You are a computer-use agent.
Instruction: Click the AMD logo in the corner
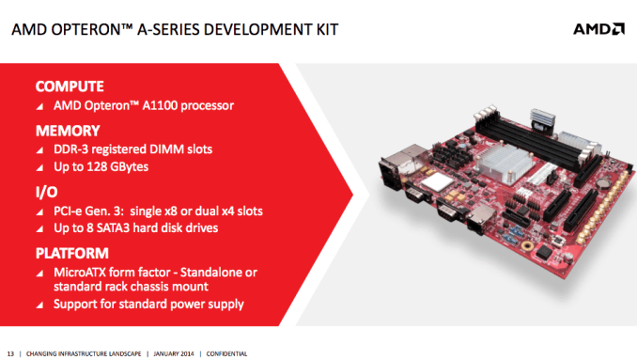[x=598, y=30]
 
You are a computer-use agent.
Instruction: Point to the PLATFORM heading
[x=73, y=253]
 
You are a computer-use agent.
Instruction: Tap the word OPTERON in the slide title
[x=82, y=31]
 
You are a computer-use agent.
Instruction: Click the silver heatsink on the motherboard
[x=497, y=168]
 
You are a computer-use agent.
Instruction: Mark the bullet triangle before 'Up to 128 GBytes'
[x=39, y=168]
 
